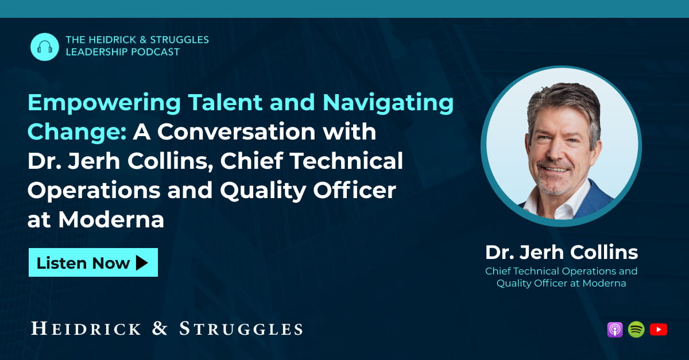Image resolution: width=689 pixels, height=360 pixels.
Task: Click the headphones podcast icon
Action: tap(44, 47)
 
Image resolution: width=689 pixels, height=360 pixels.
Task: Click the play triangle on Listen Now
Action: tap(142, 263)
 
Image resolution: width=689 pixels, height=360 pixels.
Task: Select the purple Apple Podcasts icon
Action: tap(615, 330)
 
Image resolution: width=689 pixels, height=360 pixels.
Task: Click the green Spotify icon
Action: tap(636, 330)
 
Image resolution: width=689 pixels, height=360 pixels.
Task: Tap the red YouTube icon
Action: tap(659, 330)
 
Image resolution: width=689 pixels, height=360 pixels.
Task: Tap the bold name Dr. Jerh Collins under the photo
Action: tap(561, 252)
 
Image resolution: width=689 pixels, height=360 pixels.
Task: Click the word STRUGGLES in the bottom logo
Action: tap(241, 329)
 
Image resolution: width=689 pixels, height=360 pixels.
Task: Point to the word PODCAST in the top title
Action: tap(154, 52)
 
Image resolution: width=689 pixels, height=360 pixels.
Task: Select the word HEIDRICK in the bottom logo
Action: tap(86, 329)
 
